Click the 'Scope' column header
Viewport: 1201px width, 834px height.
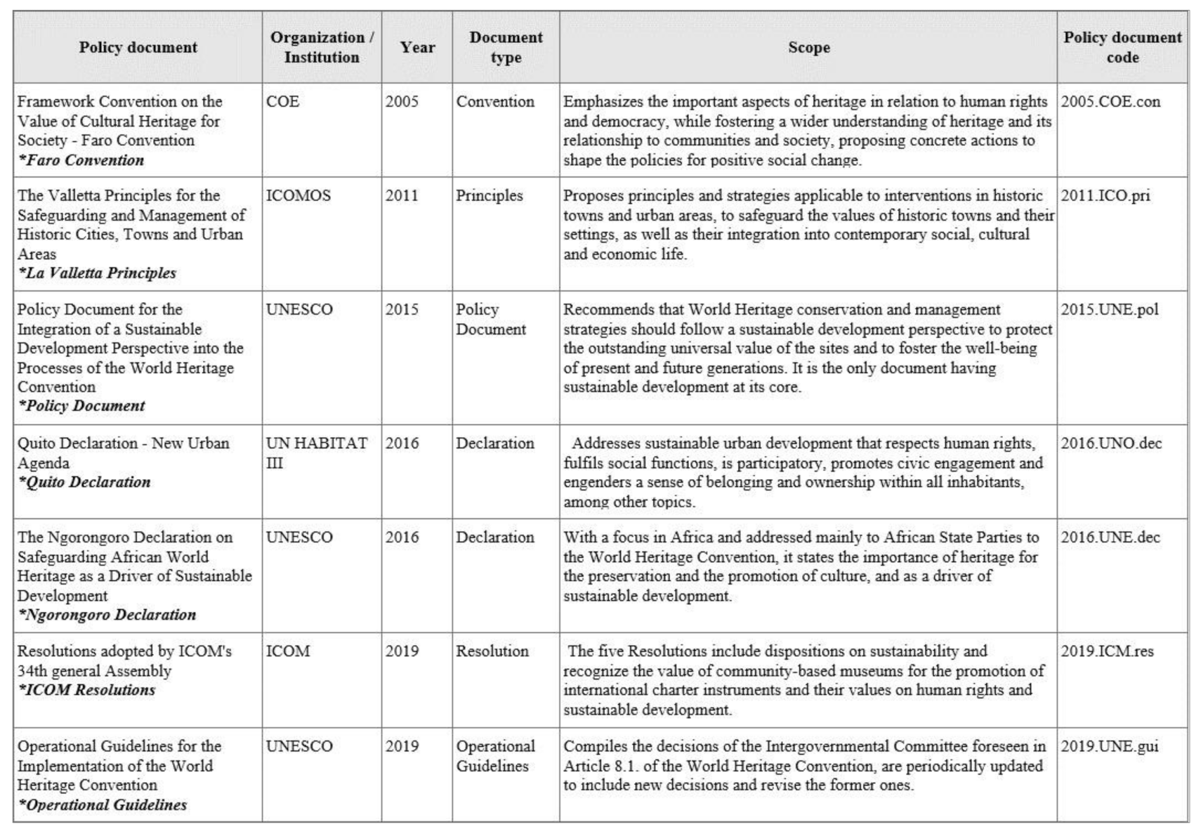click(x=808, y=47)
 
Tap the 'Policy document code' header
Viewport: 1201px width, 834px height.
click(x=1122, y=47)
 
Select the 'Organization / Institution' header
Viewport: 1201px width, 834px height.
click(x=322, y=47)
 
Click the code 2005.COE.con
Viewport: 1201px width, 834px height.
click(x=1110, y=102)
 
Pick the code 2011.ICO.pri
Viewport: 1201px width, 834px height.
click(x=1105, y=195)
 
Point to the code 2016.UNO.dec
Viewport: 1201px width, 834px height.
click(x=1111, y=443)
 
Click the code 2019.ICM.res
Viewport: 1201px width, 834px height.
click(x=1107, y=651)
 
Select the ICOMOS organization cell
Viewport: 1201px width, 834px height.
click(x=298, y=195)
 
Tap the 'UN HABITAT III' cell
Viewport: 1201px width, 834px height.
click(x=316, y=452)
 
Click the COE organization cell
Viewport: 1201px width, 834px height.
click(x=282, y=102)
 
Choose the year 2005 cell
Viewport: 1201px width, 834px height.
click(x=402, y=102)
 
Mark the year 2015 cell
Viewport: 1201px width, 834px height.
click(x=402, y=310)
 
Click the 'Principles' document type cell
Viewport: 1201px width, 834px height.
click(x=490, y=195)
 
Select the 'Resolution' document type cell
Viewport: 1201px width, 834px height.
click(x=492, y=651)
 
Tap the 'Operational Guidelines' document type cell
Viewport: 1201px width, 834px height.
click(x=495, y=756)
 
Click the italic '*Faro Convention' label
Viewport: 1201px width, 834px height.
click(x=81, y=160)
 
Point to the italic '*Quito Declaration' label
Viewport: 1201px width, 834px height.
click(x=84, y=482)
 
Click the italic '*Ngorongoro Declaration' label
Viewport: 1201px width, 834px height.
click(x=107, y=615)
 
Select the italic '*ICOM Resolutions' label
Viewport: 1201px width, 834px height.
click(x=86, y=690)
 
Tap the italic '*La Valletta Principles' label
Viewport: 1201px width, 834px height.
click(x=97, y=273)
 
